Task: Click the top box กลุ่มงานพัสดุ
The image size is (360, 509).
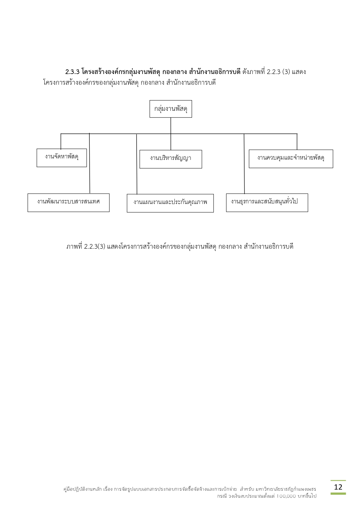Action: tap(171, 109)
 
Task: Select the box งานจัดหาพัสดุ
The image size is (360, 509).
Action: tap(61, 158)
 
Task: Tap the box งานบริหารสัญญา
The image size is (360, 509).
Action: tap(171, 159)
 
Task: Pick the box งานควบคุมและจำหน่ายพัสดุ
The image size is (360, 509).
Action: tap(291, 159)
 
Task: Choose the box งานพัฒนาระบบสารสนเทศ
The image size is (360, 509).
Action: tap(68, 203)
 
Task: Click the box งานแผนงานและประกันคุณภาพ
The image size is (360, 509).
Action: tap(170, 203)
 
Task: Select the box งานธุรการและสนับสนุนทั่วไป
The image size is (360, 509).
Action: tap(267, 203)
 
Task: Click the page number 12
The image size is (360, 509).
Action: tap(338, 487)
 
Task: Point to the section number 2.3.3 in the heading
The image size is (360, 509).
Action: tap(72, 72)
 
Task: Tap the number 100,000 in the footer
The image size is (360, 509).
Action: tap(286, 496)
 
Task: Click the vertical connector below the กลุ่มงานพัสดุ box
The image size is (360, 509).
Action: tap(171, 125)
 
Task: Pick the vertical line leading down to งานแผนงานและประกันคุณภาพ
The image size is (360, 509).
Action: tap(137, 164)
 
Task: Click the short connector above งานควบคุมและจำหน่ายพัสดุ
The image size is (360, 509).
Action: tap(297, 142)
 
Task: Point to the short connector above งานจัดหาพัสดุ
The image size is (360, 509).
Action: tap(61, 141)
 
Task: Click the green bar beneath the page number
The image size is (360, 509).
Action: tap(338, 493)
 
